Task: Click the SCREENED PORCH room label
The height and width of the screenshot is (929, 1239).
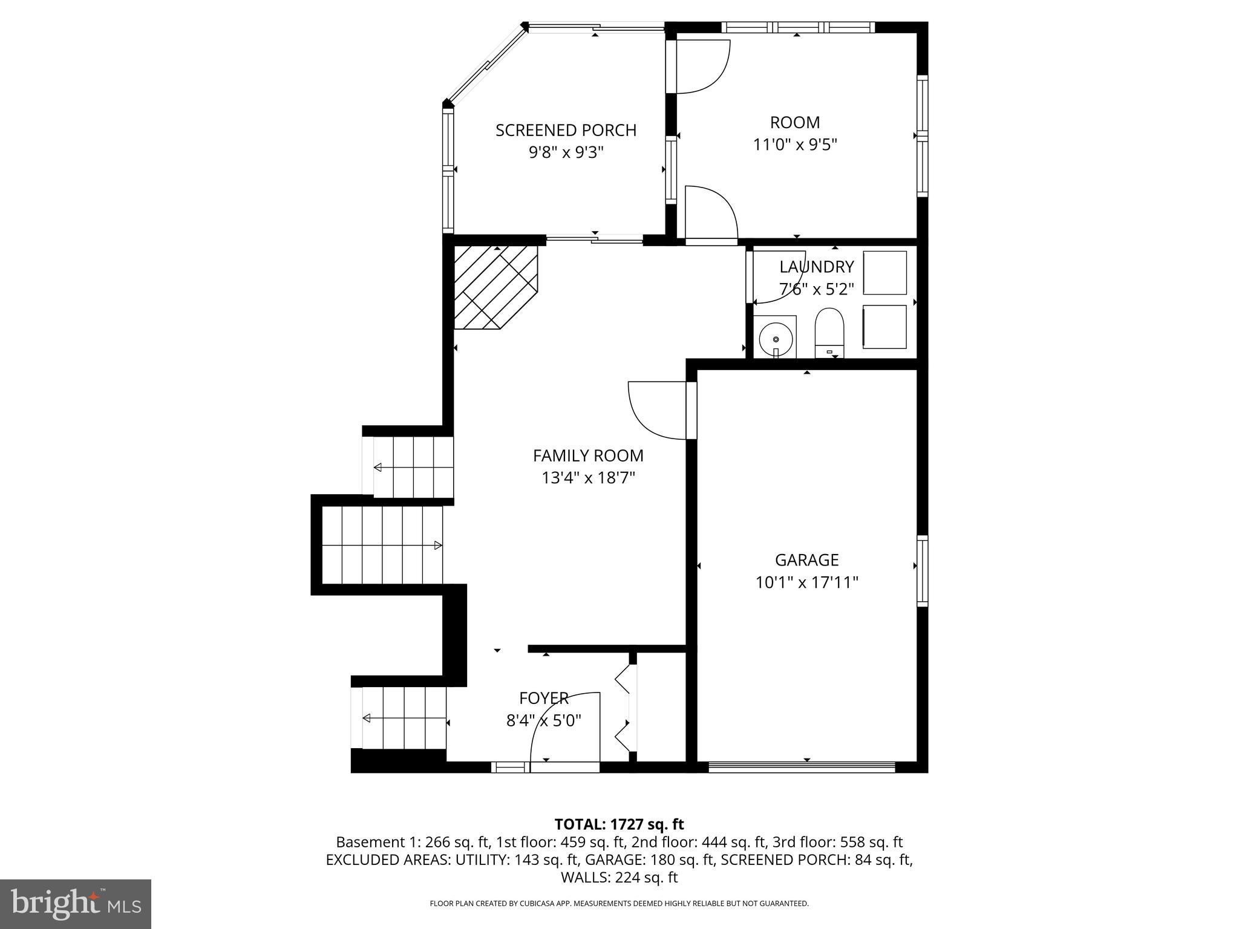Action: coord(566,130)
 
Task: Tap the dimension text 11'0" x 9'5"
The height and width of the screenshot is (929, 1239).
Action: coord(794,145)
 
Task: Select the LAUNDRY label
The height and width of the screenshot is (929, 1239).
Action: coord(816,267)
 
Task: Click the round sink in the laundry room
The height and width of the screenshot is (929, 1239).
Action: coord(775,339)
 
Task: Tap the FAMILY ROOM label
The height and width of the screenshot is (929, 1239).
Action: coord(587,455)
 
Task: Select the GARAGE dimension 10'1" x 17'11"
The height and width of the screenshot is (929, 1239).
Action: coord(806,582)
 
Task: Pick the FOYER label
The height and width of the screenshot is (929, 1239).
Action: coord(543,699)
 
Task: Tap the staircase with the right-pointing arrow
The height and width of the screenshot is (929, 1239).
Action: coord(382,545)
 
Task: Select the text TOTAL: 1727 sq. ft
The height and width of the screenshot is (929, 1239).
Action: coord(619,824)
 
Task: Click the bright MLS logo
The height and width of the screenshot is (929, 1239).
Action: coord(76,904)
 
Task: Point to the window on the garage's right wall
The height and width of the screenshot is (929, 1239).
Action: coord(922,571)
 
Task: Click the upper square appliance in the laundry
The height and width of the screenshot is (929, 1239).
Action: coord(884,273)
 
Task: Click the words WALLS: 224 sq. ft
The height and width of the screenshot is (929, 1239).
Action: coord(619,878)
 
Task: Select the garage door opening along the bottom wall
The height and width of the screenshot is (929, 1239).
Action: coord(802,767)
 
